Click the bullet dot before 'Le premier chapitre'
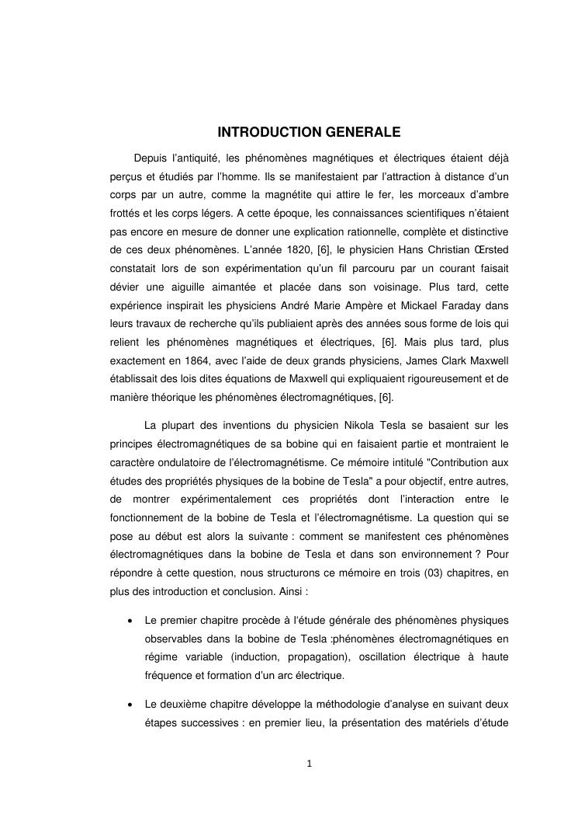[126, 621]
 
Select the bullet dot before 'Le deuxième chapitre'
[126, 705]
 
